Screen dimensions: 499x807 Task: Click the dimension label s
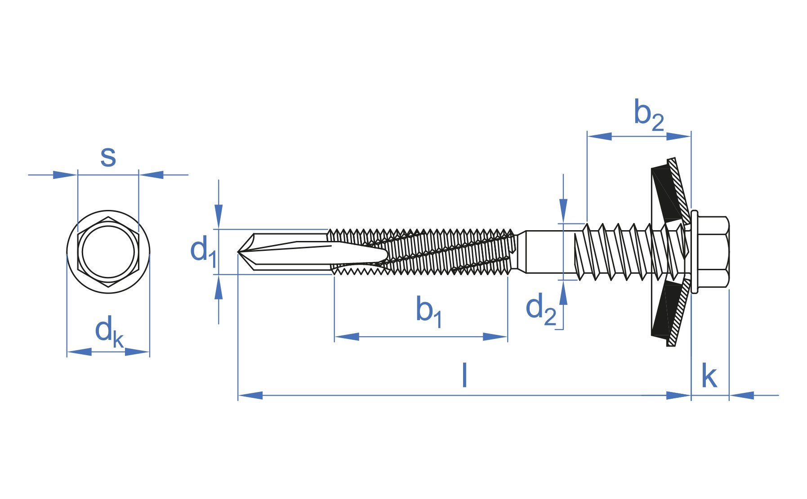pos(108,156)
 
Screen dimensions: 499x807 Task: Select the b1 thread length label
pos(428,311)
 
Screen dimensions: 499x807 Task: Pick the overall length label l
pos(464,376)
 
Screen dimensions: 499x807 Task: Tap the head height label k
pos(709,377)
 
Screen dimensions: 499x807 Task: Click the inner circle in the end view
pos(108,252)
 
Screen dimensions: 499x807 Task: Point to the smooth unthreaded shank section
pos(544,252)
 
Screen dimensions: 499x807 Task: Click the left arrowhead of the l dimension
pos(250,396)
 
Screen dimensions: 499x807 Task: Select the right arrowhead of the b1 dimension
pos(495,337)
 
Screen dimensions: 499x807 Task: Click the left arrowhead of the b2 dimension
pos(599,136)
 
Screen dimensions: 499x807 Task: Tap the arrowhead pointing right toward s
pos(65,175)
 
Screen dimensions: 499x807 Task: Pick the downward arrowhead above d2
pos(563,210)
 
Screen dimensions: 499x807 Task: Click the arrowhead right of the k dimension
pos(741,396)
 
